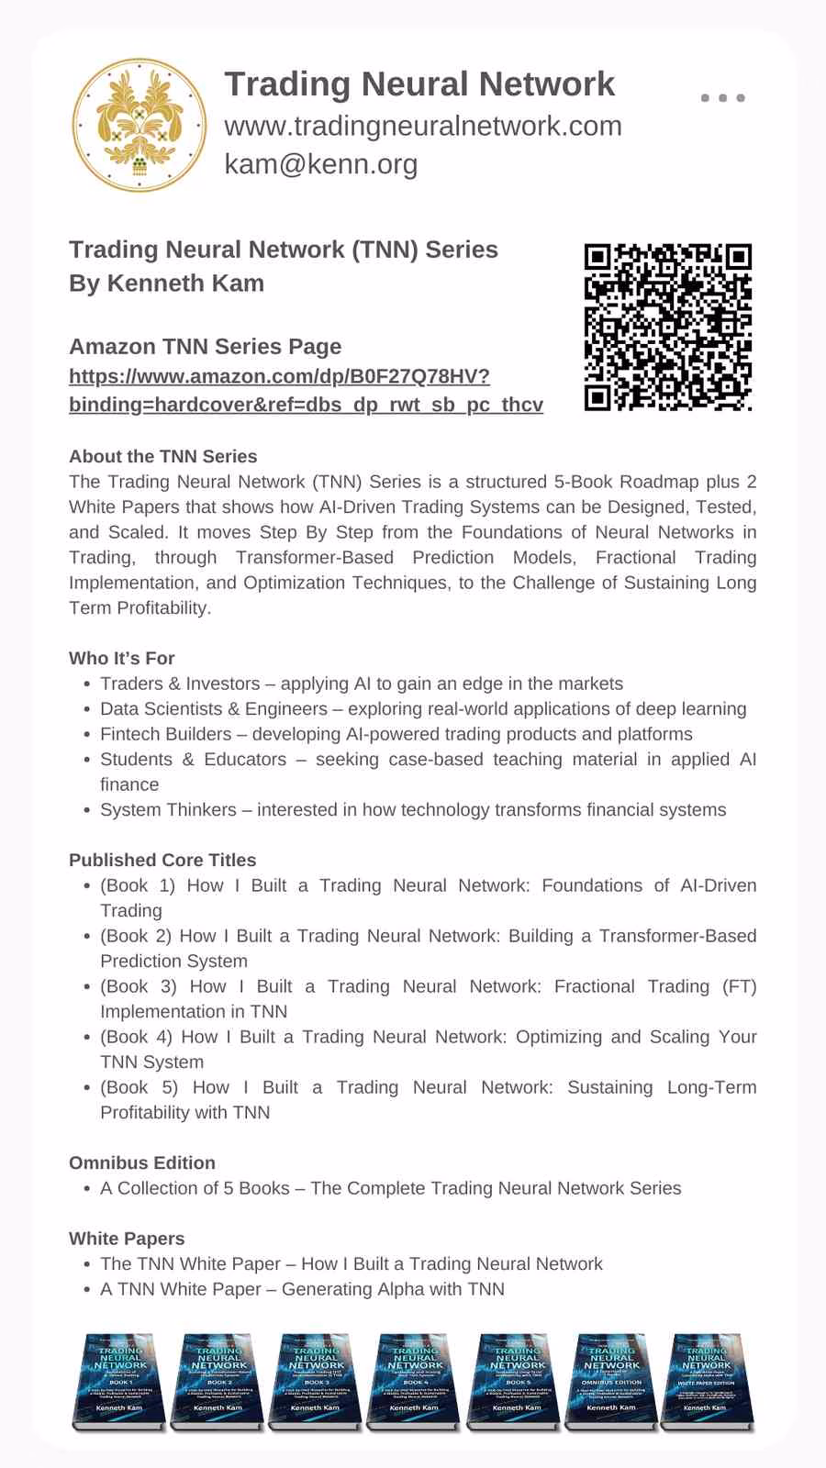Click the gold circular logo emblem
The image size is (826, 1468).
click(140, 125)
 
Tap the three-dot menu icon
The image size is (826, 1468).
click(722, 97)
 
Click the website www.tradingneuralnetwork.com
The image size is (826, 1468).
click(423, 126)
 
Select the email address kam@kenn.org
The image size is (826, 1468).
click(321, 164)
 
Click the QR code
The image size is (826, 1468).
click(667, 327)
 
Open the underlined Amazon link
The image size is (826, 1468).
click(306, 390)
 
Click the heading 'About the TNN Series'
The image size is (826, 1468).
click(162, 456)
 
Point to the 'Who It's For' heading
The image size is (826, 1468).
click(121, 658)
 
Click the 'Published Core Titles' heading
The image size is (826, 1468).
click(162, 860)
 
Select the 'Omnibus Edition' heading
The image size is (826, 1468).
click(142, 1162)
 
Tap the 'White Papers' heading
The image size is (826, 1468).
click(127, 1238)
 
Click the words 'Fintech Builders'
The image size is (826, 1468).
click(166, 734)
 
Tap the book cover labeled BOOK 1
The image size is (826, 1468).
click(119, 1381)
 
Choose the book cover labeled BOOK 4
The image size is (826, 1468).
click(414, 1381)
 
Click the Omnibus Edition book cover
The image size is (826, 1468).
click(610, 1381)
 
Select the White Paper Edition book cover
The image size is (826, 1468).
click(706, 1381)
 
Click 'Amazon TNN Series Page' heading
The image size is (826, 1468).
click(205, 346)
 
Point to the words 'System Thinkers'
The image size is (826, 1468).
click(168, 809)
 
